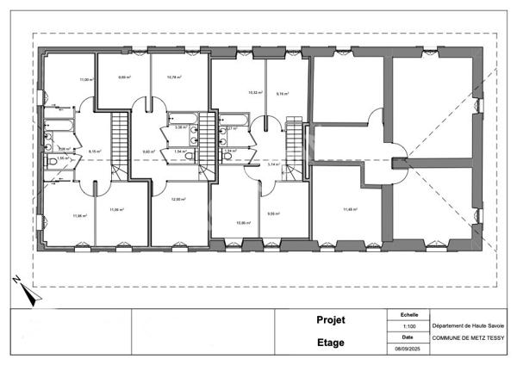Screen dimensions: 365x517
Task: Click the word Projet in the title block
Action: click(x=331, y=320)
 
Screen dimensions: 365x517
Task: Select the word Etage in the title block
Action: click(x=331, y=343)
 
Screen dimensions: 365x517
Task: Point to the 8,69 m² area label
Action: click(x=124, y=77)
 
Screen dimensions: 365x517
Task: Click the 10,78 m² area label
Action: click(x=174, y=77)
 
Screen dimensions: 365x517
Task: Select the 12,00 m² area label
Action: click(x=178, y=200)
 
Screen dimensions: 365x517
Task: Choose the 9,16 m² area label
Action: click(x=283, y=93)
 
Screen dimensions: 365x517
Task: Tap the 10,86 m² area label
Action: click(x=244, y=223)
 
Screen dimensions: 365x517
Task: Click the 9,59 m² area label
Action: click(x=274, y=213)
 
